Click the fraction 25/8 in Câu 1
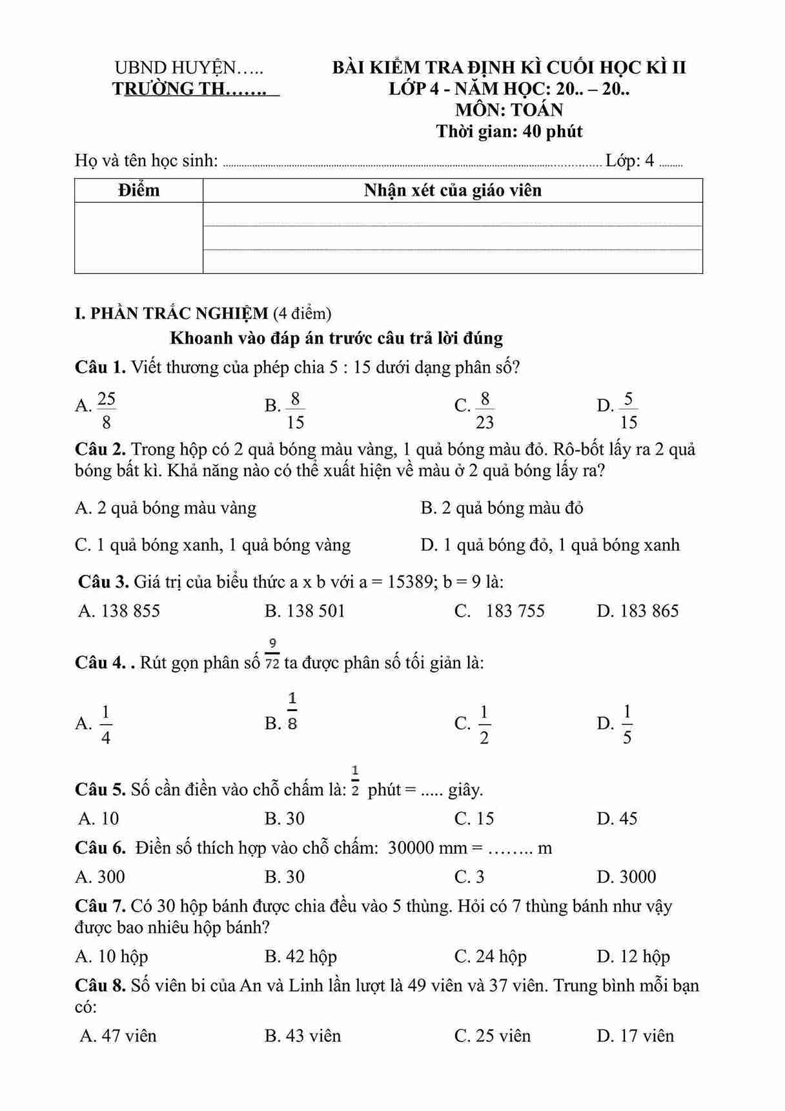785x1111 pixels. click(x=107, y=410)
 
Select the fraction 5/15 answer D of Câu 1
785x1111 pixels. click(x=628, y=410)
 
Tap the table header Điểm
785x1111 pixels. click(x=139, y=191)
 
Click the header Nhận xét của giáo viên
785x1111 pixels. click(x=453, y=191)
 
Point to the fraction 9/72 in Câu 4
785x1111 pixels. click(x=272, y=654)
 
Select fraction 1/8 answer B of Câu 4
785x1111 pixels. click(x=292, y=711)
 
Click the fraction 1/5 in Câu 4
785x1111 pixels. click(x=627, y=725)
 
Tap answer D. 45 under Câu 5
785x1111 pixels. click(x=617, y=819)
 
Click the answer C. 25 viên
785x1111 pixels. click(x=493, y=1036)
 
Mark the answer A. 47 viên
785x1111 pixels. click(x=118, y=1036)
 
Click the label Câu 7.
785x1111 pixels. click(x=100, y=907)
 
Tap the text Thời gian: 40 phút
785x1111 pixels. click(x=509, y=132)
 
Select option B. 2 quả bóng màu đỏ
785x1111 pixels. click(x=502, y=508)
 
